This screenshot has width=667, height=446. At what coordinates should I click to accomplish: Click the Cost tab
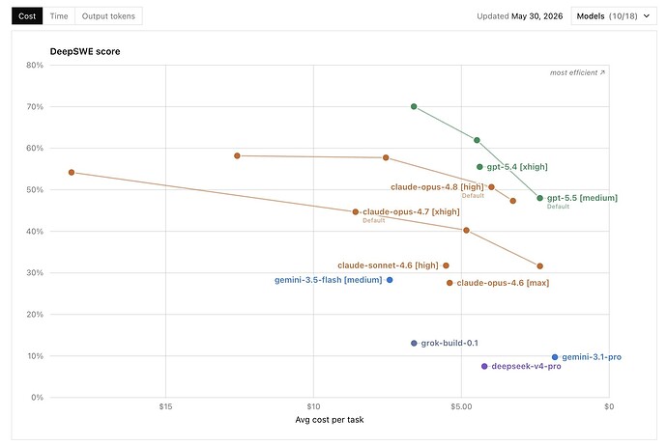click(27, 16)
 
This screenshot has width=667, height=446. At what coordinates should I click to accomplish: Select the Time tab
click(59, 16)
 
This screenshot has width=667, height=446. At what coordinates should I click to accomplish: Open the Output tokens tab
click(108, 16)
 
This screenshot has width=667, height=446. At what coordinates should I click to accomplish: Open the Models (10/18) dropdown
click(614, 16)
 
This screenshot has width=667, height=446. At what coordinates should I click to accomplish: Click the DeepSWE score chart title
click(85, 51)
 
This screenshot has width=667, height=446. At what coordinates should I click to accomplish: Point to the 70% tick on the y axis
click(35, 106)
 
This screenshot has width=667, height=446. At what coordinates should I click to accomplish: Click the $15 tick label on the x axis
click(165, 406)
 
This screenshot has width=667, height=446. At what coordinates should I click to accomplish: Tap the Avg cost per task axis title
click(330, 420)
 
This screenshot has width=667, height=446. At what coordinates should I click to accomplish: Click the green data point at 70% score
click(414, 106)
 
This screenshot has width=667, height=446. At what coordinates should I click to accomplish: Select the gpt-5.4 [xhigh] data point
click(479, 167)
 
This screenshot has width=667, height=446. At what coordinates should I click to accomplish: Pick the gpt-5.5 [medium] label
click(582, 198)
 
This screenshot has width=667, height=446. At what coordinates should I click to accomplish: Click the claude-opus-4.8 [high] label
click(437, 187)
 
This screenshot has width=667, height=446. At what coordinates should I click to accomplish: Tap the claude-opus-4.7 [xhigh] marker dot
click(356, 212)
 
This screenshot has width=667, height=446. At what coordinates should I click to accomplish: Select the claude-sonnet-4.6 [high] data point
click(446, 265)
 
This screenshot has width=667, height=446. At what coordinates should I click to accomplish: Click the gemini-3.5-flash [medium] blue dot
click(390, 280)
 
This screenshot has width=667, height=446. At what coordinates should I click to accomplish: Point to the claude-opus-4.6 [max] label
click(503, 283)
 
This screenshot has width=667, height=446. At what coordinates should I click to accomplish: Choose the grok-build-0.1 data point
click(414, 344)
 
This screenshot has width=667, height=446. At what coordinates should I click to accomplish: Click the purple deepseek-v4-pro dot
click(484, 366)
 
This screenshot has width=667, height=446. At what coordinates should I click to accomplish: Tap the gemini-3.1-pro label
click(592, 357)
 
